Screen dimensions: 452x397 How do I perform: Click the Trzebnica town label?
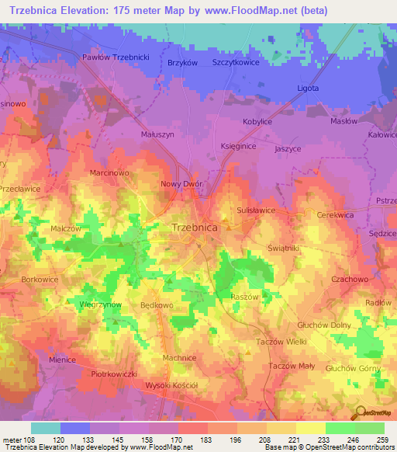click(193, 228)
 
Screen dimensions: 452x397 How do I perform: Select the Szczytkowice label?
click(240, 63)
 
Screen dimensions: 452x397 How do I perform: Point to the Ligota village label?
click(308, 88)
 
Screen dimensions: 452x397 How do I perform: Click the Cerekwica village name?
click(335, 214)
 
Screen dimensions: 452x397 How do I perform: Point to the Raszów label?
click(243, 297)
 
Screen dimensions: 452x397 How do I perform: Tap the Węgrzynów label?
click(100, 305)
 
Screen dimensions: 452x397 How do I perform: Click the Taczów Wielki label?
click(281, 342)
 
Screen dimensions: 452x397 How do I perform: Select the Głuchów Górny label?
click(354, 367)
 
